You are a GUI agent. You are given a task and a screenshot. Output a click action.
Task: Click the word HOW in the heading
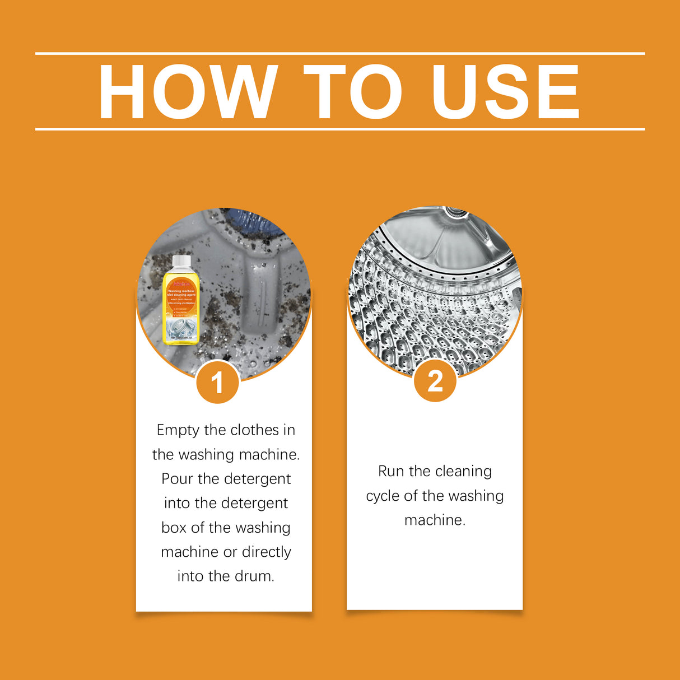[188, 92]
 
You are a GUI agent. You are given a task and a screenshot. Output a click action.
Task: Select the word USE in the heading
[505, 92]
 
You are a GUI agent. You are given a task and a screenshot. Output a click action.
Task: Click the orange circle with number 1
[217, 383]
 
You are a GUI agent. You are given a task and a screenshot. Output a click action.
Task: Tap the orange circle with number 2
[435, 381]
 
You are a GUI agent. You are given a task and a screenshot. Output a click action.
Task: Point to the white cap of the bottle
[181, 262]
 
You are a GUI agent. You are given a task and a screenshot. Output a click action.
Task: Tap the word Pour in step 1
[177, 479]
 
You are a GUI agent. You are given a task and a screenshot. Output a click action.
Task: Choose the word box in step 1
[174, 528]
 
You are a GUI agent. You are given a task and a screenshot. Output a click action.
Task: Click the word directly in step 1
[266, 552]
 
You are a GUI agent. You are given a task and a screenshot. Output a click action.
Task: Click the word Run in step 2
[391, 472]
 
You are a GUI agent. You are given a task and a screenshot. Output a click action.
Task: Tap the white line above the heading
[340, 54]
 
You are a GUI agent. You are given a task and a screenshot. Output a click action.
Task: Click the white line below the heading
[340, 129]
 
